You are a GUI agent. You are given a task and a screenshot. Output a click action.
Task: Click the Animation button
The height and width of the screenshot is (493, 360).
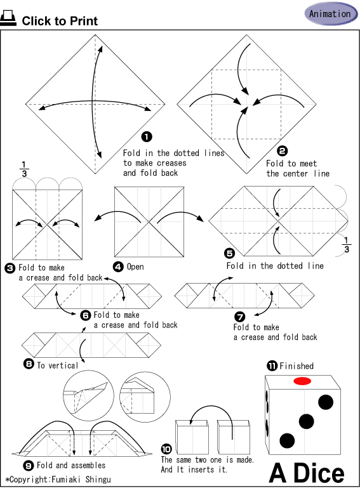[x=331, y=14]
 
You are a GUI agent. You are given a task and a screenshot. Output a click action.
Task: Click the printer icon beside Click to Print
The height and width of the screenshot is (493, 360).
[x=8, y=18]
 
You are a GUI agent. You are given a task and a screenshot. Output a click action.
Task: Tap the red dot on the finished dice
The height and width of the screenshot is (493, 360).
[x=302, y=381]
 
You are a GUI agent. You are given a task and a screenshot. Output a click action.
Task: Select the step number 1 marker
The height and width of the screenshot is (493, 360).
[x=147, y=137]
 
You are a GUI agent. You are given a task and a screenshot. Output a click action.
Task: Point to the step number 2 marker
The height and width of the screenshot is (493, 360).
[x=283, y=151]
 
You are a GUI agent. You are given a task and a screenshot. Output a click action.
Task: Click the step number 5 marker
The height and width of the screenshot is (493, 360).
[x=229, y=253]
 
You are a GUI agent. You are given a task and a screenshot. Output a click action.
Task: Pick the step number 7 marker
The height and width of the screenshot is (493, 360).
[x=240, y=317]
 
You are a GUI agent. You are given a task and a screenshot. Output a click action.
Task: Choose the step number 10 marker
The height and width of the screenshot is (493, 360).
[x=166, y=449]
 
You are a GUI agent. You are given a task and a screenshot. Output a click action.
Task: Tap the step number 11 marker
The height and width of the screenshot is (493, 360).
[x=272, y=365]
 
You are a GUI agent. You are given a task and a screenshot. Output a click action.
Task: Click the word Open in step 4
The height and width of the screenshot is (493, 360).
[x=135, y=266]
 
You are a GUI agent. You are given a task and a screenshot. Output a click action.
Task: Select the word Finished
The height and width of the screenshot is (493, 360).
[x=297, y=366]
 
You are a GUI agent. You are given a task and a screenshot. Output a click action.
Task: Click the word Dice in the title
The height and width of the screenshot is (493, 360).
[x=319, y=473]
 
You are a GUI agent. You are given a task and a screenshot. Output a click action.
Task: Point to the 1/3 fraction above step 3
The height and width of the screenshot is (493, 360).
[x=24, y=169]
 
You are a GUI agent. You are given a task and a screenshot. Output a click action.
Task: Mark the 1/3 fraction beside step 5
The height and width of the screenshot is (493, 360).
[x=346, y=245]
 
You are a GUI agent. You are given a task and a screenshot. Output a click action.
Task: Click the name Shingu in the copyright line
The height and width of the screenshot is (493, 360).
[x=98, y=480]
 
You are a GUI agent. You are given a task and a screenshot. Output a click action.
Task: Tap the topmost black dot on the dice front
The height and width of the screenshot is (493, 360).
[x=326, y=402]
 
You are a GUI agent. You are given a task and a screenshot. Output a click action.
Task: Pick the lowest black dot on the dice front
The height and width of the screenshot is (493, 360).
[x=287, y=440]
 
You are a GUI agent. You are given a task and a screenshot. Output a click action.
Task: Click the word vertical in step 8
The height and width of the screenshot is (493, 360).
[x=63, y=365]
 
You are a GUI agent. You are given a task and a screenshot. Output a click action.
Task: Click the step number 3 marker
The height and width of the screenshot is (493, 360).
[x=10, y=268]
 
